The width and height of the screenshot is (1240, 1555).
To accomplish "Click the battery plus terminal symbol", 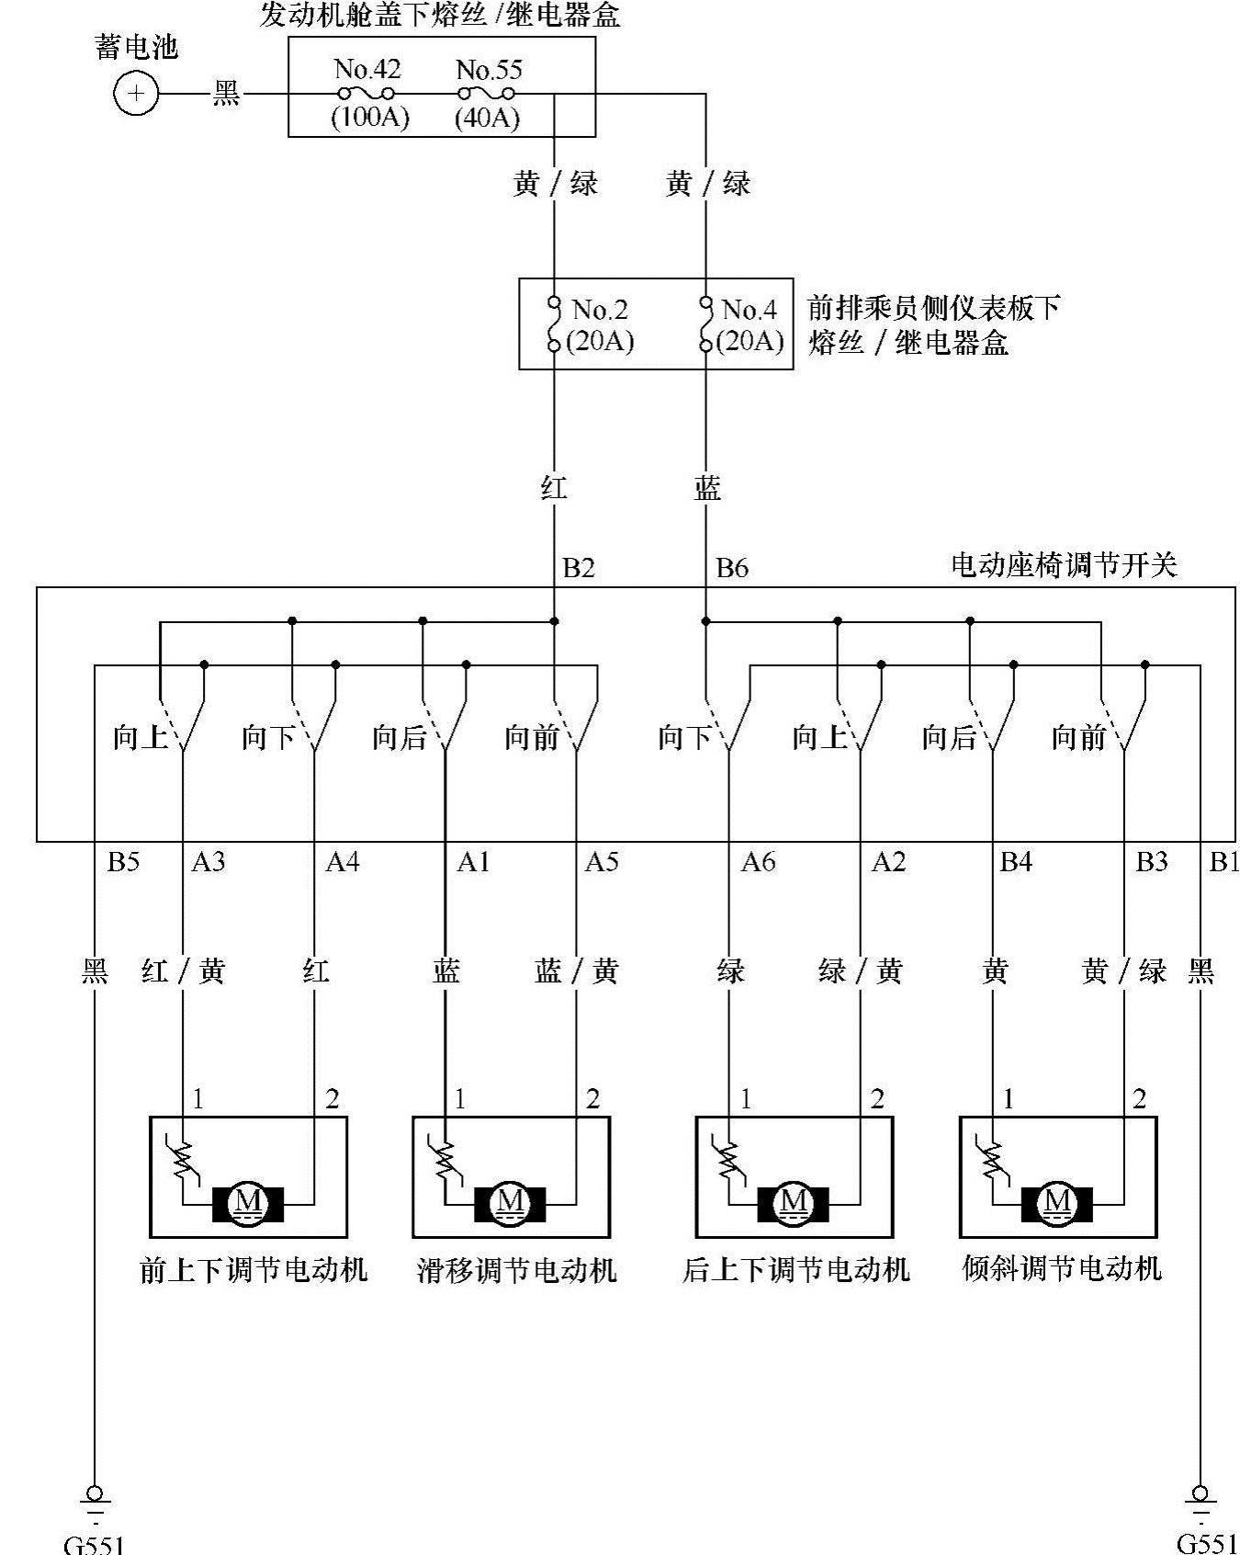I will (136, 93).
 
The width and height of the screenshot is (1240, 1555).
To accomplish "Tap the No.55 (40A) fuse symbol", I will (487, 93).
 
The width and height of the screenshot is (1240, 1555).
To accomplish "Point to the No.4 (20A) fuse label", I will (750, 324).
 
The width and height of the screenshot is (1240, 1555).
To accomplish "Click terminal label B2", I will (578, 568).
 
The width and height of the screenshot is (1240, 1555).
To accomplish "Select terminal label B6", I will (731, 568).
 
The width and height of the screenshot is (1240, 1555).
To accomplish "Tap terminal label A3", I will (209, 862).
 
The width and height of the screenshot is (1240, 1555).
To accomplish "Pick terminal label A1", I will (473, 862).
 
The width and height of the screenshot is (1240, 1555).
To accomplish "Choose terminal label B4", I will (1015, 862).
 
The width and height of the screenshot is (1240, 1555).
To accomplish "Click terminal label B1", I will (1223, 862).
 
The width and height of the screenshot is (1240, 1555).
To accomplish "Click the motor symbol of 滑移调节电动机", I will (511, 1202).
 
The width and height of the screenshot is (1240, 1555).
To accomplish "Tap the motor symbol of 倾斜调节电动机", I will (1057, 1202).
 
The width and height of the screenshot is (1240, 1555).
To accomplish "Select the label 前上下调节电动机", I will (253, 1270).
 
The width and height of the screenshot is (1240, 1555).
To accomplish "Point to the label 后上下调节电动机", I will (795, 1270).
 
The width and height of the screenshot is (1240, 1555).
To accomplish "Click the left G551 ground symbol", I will (94, 1497).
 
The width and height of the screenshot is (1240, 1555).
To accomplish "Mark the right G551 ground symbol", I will (1200, 1497).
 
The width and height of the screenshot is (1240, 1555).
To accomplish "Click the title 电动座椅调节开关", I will (1064, 564).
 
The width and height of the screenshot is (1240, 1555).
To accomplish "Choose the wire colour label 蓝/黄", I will (577, 970).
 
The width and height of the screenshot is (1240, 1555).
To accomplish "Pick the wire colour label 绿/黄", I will (861, 970).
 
